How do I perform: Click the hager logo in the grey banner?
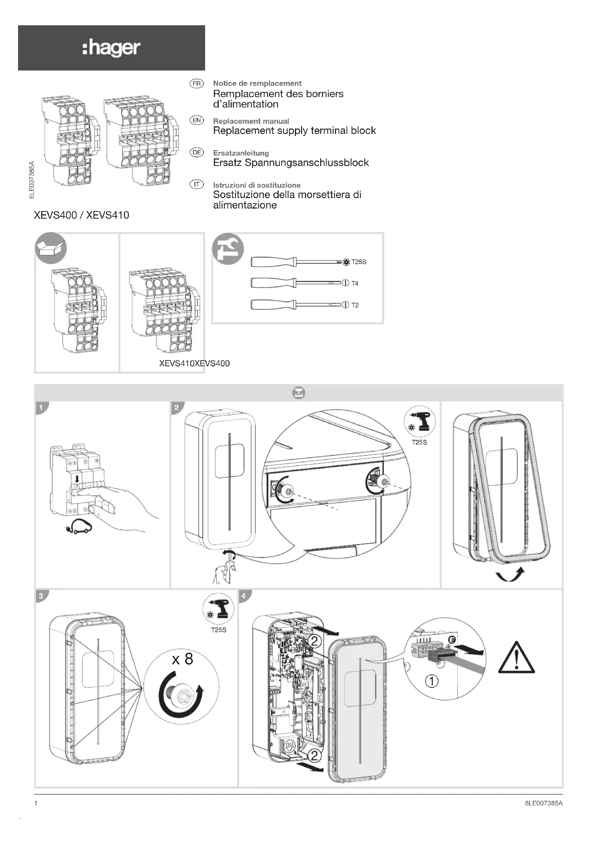[111, 48]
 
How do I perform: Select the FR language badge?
[197, 84]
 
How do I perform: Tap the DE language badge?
[197, 153]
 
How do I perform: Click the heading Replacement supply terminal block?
[295, 131]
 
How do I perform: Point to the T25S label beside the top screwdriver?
[359, 262]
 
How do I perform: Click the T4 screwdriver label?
[355, 283]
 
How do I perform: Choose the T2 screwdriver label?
[355, 305]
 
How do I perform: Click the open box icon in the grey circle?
[51, 248]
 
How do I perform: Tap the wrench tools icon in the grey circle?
[228, 249]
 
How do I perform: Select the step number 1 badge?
[41, 408]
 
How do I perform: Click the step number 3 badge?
[41, 596]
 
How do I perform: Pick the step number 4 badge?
[244, 596]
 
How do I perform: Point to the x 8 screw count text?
[182, 659]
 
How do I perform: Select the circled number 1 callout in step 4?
[432, 681]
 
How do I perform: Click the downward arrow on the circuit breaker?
[77, 478]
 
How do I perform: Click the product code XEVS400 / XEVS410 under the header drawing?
[82, 215]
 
